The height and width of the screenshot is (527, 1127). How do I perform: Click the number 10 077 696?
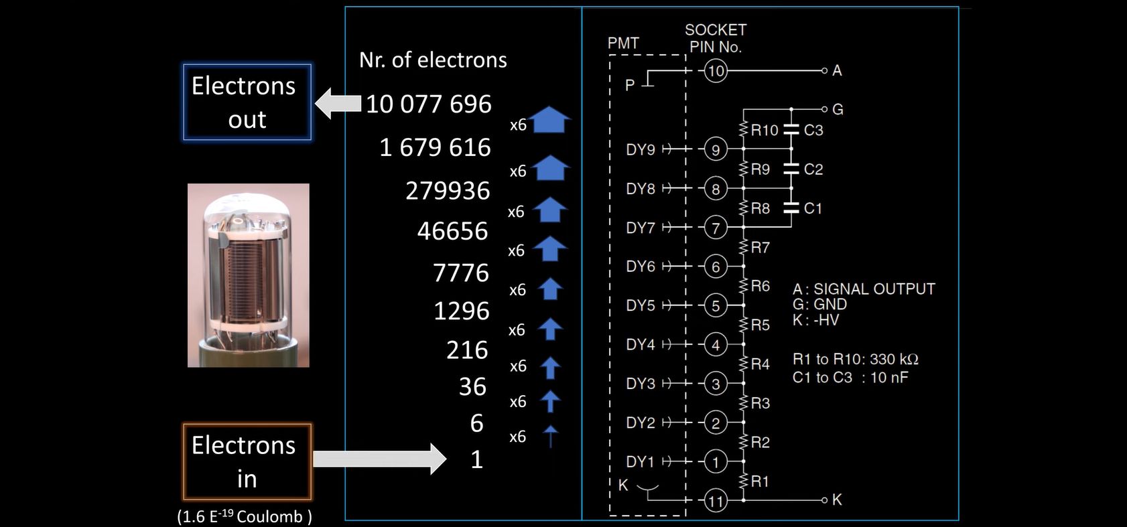429,104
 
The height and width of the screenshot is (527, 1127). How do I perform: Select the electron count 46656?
452,232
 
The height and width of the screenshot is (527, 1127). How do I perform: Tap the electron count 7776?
461,273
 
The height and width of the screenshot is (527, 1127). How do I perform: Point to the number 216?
467,350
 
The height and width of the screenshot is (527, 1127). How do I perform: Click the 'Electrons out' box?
247,102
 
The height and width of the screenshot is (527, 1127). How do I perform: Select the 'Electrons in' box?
247,462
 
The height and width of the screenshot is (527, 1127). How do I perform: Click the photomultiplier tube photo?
249,275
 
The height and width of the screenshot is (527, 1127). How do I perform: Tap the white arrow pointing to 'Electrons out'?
338,104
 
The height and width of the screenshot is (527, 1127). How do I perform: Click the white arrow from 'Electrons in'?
379,459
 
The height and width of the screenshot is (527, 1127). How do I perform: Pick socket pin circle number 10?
716,71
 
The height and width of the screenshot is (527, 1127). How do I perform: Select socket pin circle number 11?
716,501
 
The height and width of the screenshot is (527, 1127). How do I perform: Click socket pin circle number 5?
716,306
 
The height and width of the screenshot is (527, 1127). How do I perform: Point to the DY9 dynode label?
640,149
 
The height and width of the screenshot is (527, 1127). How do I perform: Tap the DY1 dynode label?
640,462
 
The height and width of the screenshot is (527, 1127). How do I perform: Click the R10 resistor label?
765,131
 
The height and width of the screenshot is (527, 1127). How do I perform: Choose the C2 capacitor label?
813,169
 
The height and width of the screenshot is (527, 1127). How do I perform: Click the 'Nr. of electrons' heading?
433,60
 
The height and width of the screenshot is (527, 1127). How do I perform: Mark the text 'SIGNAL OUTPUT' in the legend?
874,289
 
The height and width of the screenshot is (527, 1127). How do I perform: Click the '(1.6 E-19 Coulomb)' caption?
245,516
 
